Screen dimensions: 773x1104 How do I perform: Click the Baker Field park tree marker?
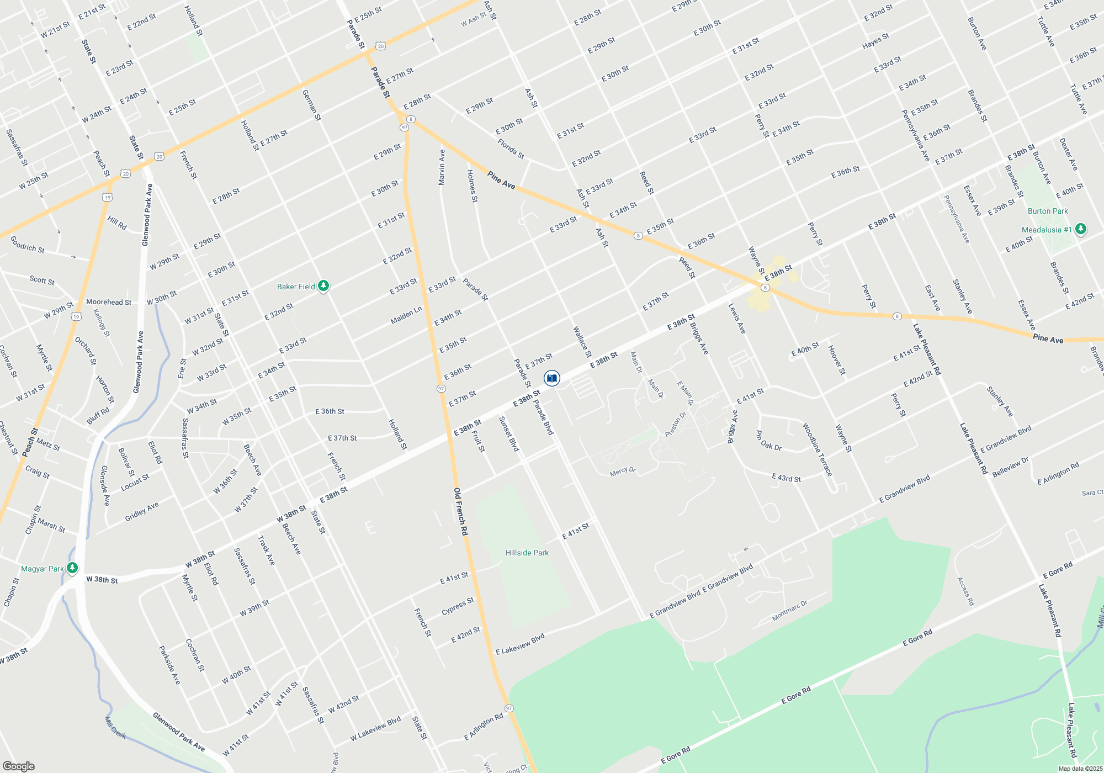(x=323, y=286)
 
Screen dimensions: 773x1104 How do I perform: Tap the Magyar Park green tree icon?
(x=72, y=568)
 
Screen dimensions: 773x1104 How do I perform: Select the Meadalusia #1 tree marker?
(x=1081, y=229)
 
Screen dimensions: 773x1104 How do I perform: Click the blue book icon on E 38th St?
(x=551, y=378)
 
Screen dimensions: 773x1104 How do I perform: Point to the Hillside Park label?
(x=527, y=553)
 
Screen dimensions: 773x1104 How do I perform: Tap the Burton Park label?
(x=1048, y=211)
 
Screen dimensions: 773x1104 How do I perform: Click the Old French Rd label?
(x=460, y=511)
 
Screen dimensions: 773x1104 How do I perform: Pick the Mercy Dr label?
(x=623, y=471)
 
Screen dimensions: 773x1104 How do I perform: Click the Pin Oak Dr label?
(x=768, y=441)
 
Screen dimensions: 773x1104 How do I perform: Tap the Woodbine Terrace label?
(x=817, y=450)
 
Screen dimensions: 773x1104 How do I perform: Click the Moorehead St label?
(x=109, y=302)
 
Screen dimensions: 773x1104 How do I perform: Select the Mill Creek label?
(x=115, y=727)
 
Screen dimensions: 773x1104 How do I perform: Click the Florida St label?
(x=511, y=149)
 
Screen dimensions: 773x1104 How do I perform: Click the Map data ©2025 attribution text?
(x=1080, y=769)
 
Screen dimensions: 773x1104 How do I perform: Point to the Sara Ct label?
(x=1092, y=493)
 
